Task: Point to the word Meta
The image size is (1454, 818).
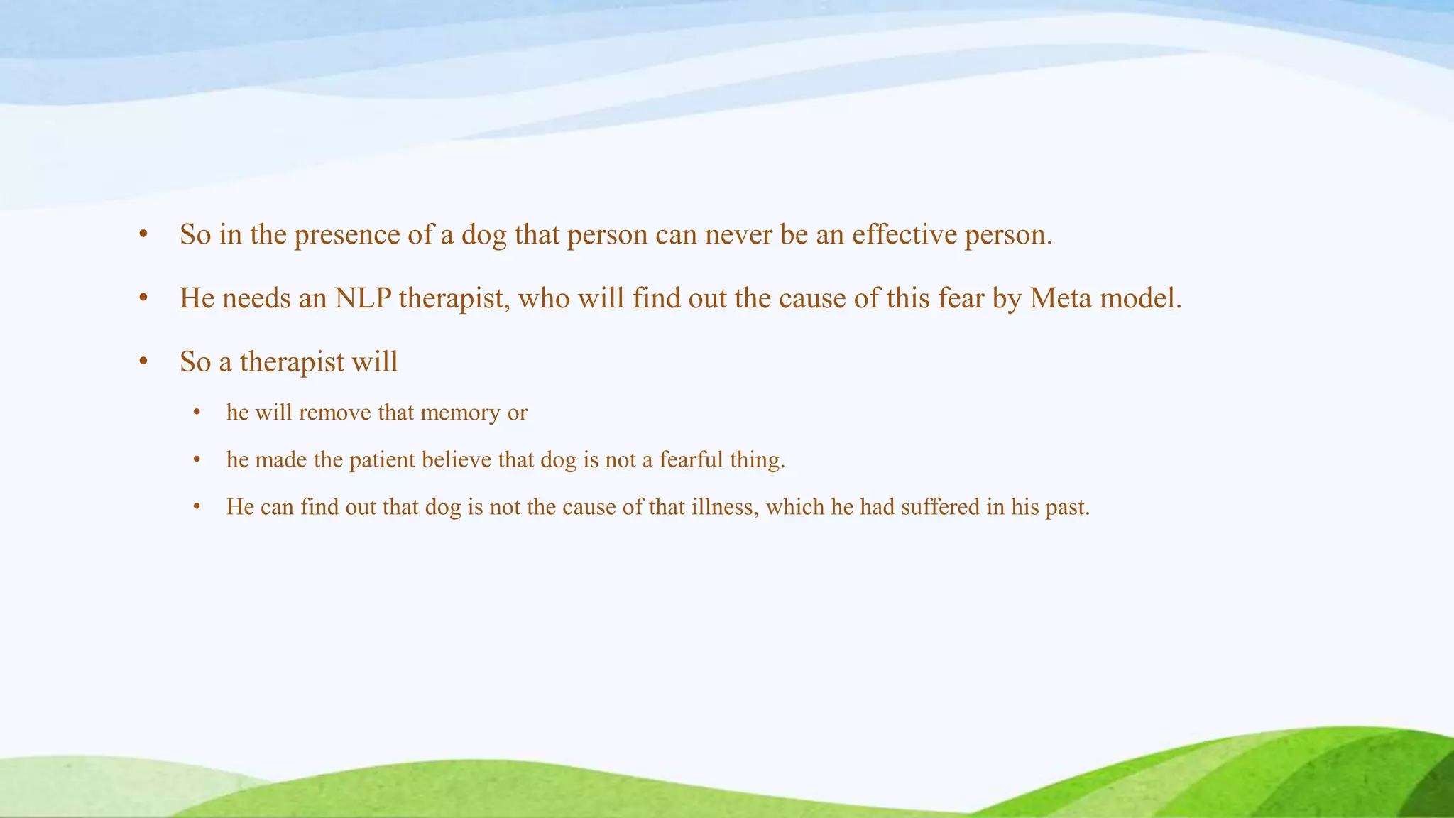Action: coord(1061,298)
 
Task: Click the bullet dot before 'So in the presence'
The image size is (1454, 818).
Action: coord(143,235)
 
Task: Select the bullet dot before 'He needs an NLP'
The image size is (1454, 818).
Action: coord(143,299)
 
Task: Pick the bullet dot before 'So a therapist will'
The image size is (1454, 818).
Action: coord(143,362)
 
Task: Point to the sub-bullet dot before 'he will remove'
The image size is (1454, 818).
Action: coord(197,413)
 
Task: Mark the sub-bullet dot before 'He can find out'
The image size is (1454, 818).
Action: coord(197,508)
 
